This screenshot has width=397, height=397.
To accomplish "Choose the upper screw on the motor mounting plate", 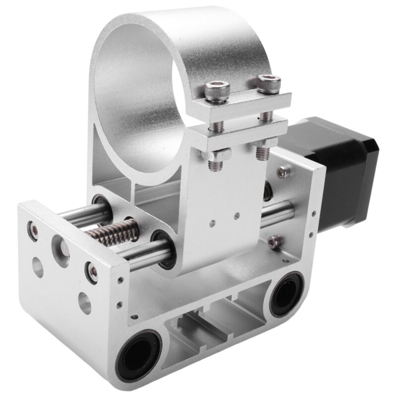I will [283, 172].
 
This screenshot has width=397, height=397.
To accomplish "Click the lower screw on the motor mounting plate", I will [272, 242].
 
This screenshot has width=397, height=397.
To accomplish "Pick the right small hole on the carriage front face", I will [237, 215].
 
